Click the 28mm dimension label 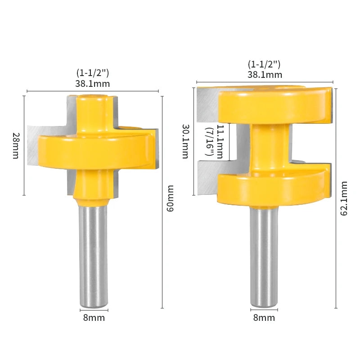(x=16, y=145)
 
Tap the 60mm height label (x=170, y=198)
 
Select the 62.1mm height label (x=344, y=198)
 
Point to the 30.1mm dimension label (x=185, y=141)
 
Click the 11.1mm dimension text (x=220, y=142)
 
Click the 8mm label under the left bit (x=94, y=318)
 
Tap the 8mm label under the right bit (x=264, y=318)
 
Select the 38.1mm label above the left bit (x=93, y=84)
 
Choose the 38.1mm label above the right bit (x=265, y=74)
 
